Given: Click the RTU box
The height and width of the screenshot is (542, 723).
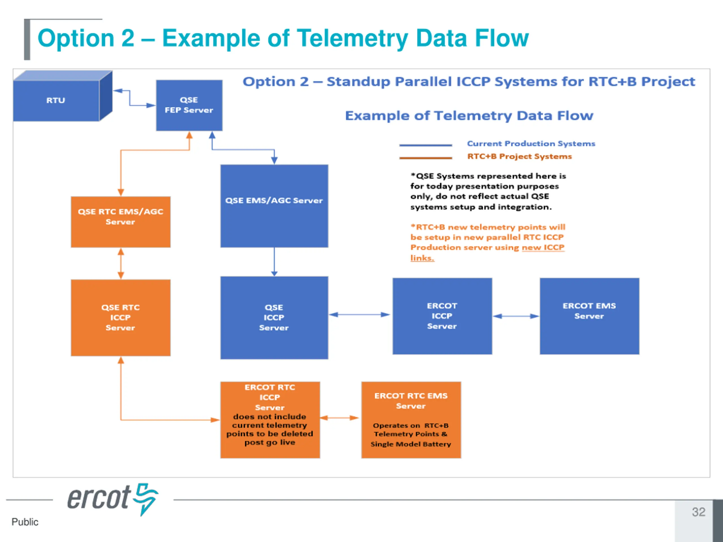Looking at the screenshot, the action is (62, 96).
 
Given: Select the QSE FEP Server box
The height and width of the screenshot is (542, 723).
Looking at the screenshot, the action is (189, 106).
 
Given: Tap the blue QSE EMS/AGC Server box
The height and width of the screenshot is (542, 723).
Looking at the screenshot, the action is (274, 206).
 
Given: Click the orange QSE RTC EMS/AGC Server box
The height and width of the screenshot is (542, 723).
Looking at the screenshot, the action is (121, 222).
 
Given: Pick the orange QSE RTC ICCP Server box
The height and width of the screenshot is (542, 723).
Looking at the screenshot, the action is (121, 318).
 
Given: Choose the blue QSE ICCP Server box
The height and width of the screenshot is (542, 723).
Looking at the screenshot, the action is (274, 318).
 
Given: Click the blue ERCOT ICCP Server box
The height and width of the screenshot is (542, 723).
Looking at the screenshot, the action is (442, 316).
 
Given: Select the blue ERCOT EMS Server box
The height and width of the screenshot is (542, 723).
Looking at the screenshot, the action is (589, 316).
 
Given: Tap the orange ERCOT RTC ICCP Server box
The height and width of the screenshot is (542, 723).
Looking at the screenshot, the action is (270, 420).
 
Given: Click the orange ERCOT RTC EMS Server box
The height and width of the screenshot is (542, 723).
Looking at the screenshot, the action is (411, 420).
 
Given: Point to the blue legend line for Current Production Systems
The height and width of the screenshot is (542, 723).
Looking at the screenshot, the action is (426, 145).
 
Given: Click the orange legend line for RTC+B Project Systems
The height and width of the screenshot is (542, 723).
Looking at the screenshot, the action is (426, 158).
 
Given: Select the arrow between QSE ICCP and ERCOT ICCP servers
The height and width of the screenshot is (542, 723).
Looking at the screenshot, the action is (360, 315).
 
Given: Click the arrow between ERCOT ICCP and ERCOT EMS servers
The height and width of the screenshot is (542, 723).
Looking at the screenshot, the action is (516, 316).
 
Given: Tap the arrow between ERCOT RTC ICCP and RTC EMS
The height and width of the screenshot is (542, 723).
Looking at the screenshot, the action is (339, 418).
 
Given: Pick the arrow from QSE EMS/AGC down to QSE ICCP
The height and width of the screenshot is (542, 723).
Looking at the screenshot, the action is (274, 262).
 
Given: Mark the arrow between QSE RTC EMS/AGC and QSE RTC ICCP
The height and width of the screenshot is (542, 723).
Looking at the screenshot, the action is (121, 264).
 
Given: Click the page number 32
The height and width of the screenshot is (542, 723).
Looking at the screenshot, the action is (698, 512).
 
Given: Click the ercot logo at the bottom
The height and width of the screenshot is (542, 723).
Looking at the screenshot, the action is (113, 499).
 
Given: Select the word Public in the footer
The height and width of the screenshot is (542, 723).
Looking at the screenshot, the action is (25, 522).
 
